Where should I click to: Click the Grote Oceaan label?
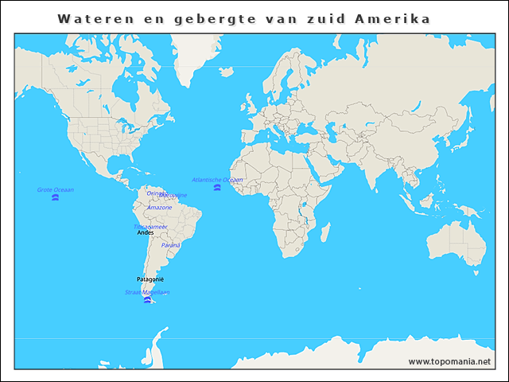tap(56, 189)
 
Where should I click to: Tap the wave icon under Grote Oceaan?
tap(56, 197)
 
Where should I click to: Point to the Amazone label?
tap(159, 208)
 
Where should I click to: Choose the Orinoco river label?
tap(156, 193)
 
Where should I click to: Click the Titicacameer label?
tap(150, 226)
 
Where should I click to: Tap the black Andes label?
tap(146, 232)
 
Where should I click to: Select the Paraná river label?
tap(170, 245)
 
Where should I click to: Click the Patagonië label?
tap(150, 279)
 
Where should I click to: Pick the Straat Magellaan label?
tap(147, 292)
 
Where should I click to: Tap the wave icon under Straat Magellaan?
tap(147, 300)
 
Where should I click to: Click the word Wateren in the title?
tap(89, 18)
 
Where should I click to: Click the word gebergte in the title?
tap(212, 18)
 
